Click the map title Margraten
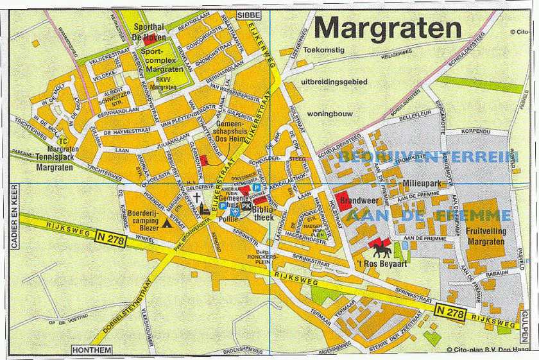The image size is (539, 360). click(388, 28)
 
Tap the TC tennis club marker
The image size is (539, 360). click(63, 141)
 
